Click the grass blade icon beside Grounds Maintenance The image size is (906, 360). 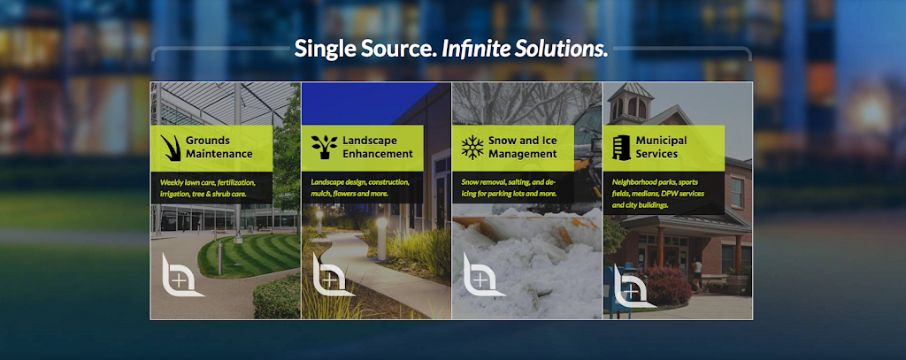coord(171,148)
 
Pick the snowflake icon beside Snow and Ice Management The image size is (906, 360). coord(472,148)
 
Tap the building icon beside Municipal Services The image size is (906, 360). coord(621,148)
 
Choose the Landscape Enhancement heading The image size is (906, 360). coord(378,148)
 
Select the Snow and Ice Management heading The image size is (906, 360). coord(522,148)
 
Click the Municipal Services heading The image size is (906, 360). coord(661,148)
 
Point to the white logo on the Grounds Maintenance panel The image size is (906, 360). coord(180,275)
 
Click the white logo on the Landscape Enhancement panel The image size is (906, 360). coord(332,275)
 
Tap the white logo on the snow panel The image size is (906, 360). coord(482,275)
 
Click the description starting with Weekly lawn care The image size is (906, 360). coord(208,188)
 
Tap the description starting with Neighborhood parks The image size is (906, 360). coord(658,194)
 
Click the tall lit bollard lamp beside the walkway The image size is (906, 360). coord(381,239)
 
